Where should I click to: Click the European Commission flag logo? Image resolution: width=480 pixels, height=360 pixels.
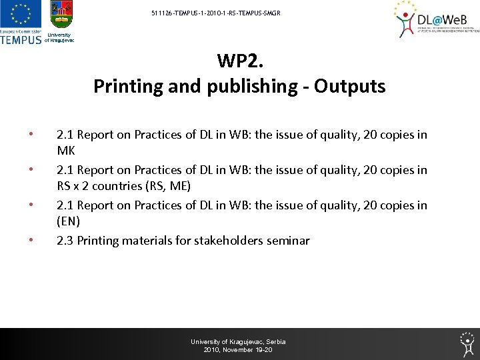click(21, 15)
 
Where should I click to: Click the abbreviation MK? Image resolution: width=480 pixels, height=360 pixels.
click(66, 150)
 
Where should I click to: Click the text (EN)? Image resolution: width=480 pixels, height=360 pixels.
click(68, 221)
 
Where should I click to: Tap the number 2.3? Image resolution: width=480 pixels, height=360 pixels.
click(65, 241)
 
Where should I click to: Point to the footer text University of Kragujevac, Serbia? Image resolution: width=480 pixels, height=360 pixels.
click(238, 341)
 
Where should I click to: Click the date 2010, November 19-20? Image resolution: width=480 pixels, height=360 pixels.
click(238, 349)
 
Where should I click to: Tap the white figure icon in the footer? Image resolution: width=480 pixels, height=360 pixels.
click(467, 343)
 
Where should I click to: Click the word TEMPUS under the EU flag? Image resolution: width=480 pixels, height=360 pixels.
click(21, 39)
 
